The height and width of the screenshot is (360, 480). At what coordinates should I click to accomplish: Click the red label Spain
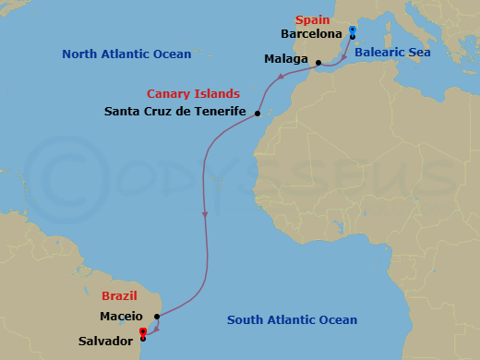312,19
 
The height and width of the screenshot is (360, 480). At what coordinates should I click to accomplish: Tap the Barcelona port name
310,34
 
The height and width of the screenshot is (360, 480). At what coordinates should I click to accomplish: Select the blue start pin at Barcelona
353,31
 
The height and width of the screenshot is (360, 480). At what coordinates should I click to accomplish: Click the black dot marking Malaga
318,64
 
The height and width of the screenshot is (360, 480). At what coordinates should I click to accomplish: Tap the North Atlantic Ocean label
126,54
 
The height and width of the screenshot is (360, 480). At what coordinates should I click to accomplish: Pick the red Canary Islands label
194,93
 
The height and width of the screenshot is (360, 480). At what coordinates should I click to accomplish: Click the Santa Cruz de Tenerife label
175,112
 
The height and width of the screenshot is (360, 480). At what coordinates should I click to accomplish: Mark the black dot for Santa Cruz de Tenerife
257,114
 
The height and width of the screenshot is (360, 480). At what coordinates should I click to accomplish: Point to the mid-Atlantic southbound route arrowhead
204,214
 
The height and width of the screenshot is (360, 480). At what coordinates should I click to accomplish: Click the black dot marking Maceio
158,317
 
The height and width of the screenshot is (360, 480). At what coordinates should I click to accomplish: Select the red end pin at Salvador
142,332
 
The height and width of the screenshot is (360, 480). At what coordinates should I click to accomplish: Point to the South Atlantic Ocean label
293,320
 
